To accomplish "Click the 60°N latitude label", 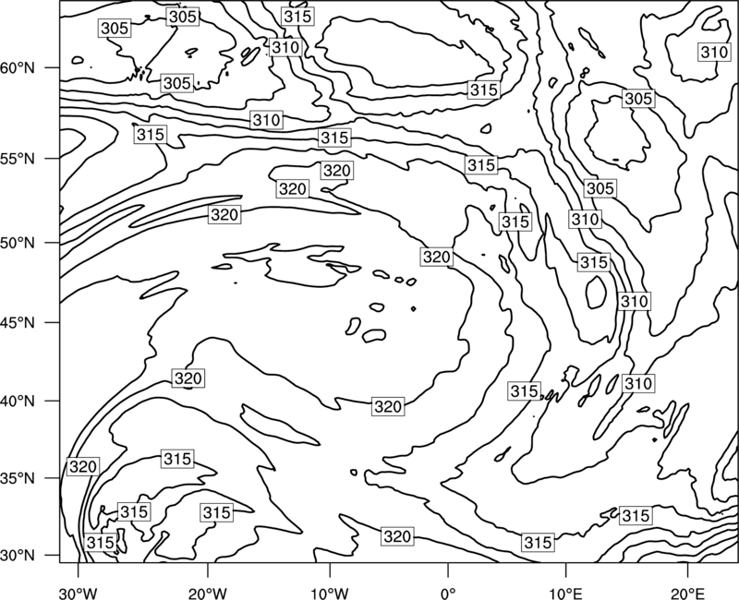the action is pos(18,68).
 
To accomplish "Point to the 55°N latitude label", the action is pos(18,159).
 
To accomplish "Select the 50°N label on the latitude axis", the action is pos(18,243).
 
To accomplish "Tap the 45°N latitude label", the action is pos(18,322).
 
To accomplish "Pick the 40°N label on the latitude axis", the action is pos(18,402).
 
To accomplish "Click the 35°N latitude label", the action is pos(18,478).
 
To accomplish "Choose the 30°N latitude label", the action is pos(18,556).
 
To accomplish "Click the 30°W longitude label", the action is pos(79,593).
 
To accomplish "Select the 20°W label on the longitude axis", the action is pos(207,593).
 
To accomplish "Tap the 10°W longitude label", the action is pos(330,593).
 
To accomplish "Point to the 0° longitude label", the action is pos(448,593).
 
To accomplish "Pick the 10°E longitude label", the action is pos(565,593).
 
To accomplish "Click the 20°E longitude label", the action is pos(687,593).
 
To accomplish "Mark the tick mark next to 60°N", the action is pos(53,67).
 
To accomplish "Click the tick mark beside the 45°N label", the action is pos(53,322).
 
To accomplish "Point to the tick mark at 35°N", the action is pos(53,478).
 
